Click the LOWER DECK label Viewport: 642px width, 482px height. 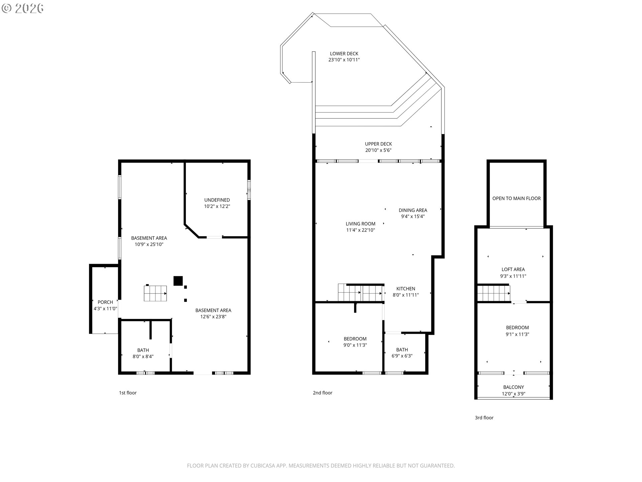tap(344, 54)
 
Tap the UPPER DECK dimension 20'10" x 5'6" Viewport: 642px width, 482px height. tap(378, 150)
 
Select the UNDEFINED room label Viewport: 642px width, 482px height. tap(217, 200)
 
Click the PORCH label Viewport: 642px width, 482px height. tap(105, 302)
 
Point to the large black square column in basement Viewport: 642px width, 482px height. tap(178, 280)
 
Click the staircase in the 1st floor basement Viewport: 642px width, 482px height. tap(155, 293)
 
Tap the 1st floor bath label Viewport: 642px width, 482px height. tap(143, 350)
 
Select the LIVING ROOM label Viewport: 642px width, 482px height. tap(360, 224)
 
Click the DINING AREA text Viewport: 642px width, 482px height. tap(413, 210)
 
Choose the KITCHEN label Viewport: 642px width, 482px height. tap(406, 289)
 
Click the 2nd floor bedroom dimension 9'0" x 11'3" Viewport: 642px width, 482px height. tap(355, 345)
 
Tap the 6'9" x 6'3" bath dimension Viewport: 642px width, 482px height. tap(402, 356)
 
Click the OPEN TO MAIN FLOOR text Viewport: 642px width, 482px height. tap(516, 198)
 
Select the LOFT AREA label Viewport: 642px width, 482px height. tap(513, 269)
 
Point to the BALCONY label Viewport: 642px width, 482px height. tap(513, 387)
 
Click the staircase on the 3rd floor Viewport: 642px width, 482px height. tap(493, 293)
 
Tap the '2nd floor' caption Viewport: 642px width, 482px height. tap(322, 393)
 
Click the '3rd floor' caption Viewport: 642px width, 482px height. tap(484, 417)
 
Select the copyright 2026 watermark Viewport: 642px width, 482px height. tap(22, 8)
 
